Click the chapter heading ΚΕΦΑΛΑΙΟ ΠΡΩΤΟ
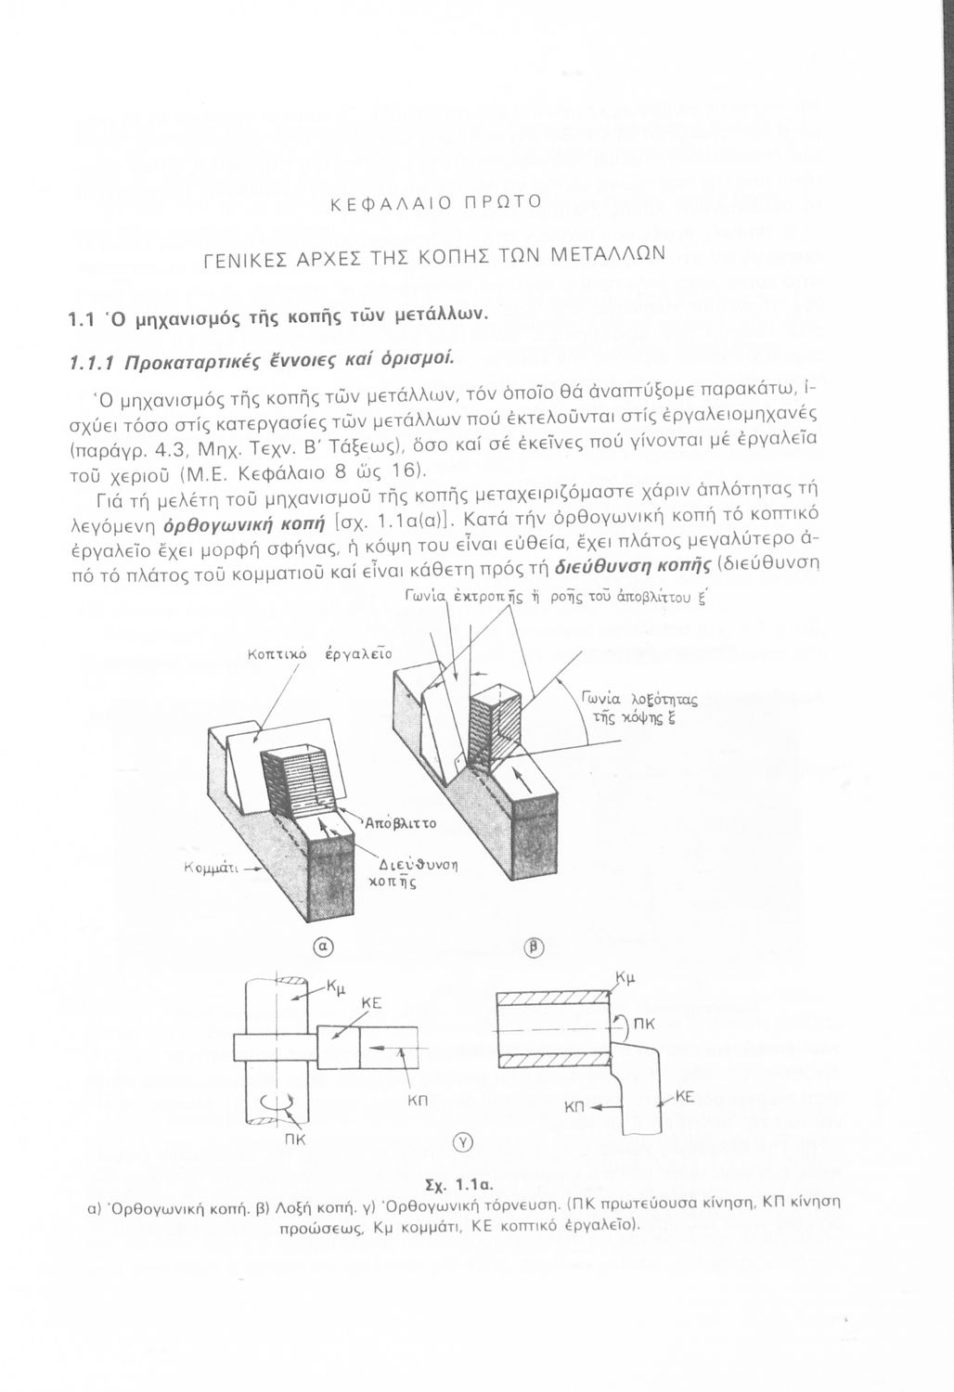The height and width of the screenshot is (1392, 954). point(436,202)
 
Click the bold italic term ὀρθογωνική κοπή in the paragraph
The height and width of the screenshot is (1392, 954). point(244,524)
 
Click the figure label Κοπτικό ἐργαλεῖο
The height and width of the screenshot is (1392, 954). point(319,655)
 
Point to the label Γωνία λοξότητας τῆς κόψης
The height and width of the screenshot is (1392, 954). point(639,709)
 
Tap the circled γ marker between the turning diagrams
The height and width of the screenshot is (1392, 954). point(465,1141)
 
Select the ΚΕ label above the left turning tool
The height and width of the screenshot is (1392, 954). point(371,1003)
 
